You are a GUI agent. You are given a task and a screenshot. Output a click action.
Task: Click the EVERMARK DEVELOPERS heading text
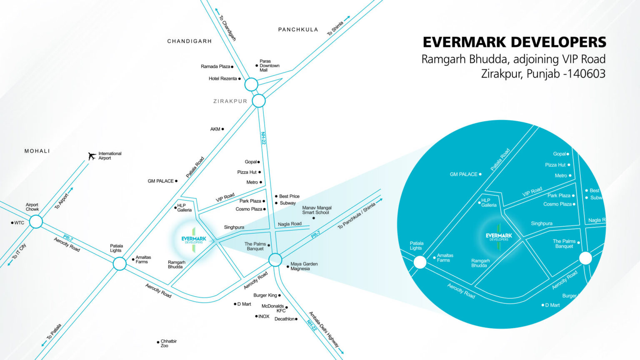coord(514,42)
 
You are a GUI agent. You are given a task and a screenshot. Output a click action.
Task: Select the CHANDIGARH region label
coord(190,41)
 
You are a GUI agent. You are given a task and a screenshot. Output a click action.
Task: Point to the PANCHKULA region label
coord(298,30)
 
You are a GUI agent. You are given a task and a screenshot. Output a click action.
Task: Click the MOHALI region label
coord(37,151)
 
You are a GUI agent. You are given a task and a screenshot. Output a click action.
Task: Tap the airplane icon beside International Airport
coord(92,156)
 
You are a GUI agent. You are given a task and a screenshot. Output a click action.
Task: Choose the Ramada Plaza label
coord(215,67)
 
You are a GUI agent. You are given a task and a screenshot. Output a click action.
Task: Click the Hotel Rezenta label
coord(223,79)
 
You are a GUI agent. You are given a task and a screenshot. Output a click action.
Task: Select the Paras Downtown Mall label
coord(269,66)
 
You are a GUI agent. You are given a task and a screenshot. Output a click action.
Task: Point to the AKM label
coord(215,129)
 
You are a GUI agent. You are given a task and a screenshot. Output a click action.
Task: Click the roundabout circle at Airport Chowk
coord(36,221)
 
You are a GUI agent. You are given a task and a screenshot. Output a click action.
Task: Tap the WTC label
coord(19,223)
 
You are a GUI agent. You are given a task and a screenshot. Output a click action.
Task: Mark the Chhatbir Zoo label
coord(168,343)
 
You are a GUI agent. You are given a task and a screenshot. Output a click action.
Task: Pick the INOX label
coord(264,317)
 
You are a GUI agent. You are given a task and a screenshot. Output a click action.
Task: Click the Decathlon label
coord(285,319)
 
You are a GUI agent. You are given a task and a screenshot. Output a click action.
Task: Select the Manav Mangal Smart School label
coord(317,210)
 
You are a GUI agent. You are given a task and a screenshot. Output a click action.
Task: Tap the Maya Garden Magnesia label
coord(304,266)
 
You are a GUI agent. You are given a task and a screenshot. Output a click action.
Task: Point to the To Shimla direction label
coord(335,28)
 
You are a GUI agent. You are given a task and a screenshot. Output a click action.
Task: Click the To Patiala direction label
coord(54,332)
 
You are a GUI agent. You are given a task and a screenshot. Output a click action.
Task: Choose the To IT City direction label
coord(19,251)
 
